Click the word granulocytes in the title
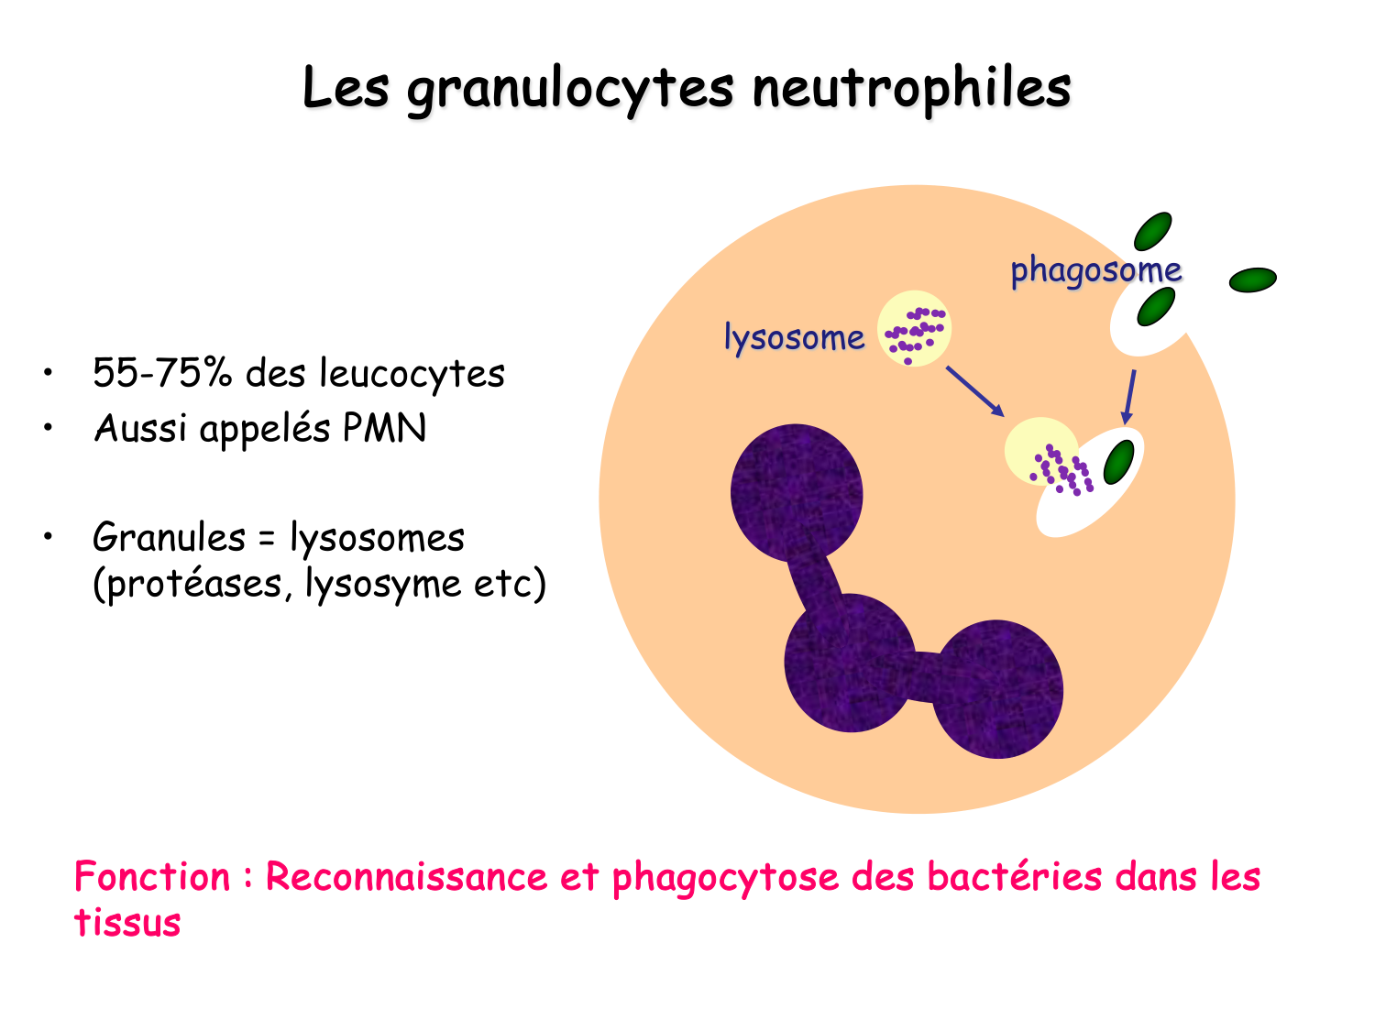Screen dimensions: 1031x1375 tap(569, 89)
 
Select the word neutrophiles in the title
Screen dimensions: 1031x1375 tap(911, 89)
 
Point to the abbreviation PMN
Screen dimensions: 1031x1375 tap(384, 428)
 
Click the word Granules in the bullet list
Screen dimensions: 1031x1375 tap(169, 538)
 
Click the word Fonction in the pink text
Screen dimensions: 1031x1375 tap(152, 877)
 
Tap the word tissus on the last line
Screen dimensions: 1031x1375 tap(127, 923)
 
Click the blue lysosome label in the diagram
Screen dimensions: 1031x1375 tap(794, 337)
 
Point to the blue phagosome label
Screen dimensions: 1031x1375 tap(1095, 270)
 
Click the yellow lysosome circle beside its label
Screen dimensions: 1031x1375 tap(914, 330)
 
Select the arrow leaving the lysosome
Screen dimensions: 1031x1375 tap(974, 391)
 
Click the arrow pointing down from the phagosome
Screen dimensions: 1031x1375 tap(1129, 396)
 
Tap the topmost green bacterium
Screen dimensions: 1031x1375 tap(1152, 231)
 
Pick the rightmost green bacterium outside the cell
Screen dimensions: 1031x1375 tap(1252, 280)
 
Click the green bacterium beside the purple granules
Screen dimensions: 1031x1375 tap(1118, 461)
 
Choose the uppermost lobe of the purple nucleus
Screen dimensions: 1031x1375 tap(796, 492)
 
